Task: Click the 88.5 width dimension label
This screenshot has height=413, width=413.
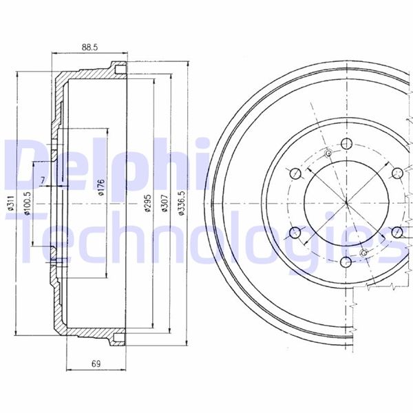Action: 89,47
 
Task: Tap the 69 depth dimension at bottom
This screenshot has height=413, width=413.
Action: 96,363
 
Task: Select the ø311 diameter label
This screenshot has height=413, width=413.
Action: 10,203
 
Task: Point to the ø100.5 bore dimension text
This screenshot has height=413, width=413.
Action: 28,203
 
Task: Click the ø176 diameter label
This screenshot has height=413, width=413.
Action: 101,187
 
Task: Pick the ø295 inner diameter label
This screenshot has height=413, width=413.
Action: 147,203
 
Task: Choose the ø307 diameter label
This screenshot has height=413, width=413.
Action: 165,203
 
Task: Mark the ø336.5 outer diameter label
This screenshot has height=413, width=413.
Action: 182,203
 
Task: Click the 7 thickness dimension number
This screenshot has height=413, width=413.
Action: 43,180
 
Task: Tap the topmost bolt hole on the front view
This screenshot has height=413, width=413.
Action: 346,144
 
